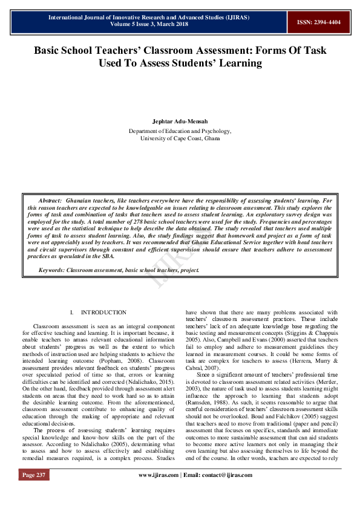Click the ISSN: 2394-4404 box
pos(318,22)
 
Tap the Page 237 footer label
pos(34,475)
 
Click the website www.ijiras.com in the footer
pos(159,475)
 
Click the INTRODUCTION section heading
pos(103,313)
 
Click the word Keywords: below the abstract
pos(53,270)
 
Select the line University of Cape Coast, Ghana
pos(180,138)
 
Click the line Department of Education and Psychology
pos(180,131)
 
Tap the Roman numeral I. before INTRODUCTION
pos(72,313)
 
